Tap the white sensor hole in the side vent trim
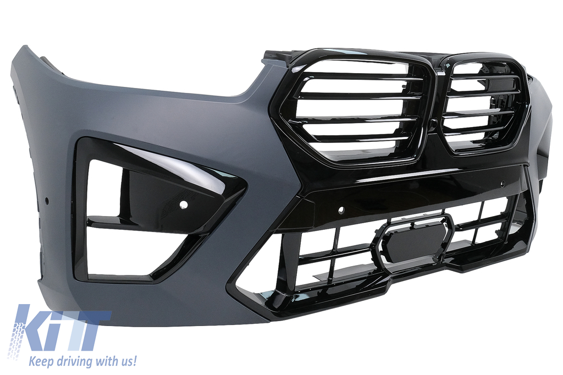[184, 204]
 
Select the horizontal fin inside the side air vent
[143, 225]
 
